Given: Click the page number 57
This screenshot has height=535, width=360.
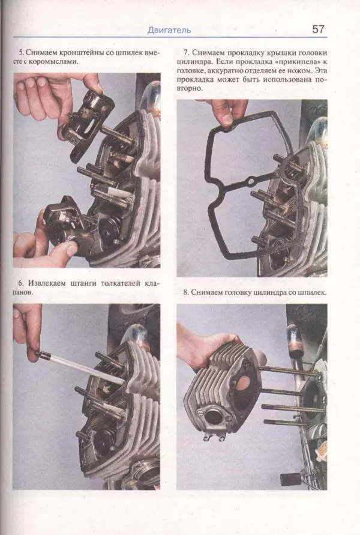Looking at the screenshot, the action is point(318,29).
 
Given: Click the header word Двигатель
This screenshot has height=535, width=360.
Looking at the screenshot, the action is point(169,31).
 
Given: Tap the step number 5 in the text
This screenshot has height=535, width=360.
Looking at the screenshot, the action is point(20,53).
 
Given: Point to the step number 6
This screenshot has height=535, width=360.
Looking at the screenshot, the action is point(20,283).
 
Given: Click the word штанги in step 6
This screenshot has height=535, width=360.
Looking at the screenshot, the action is point(84,283).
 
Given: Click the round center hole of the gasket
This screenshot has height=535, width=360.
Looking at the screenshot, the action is point(252,180).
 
